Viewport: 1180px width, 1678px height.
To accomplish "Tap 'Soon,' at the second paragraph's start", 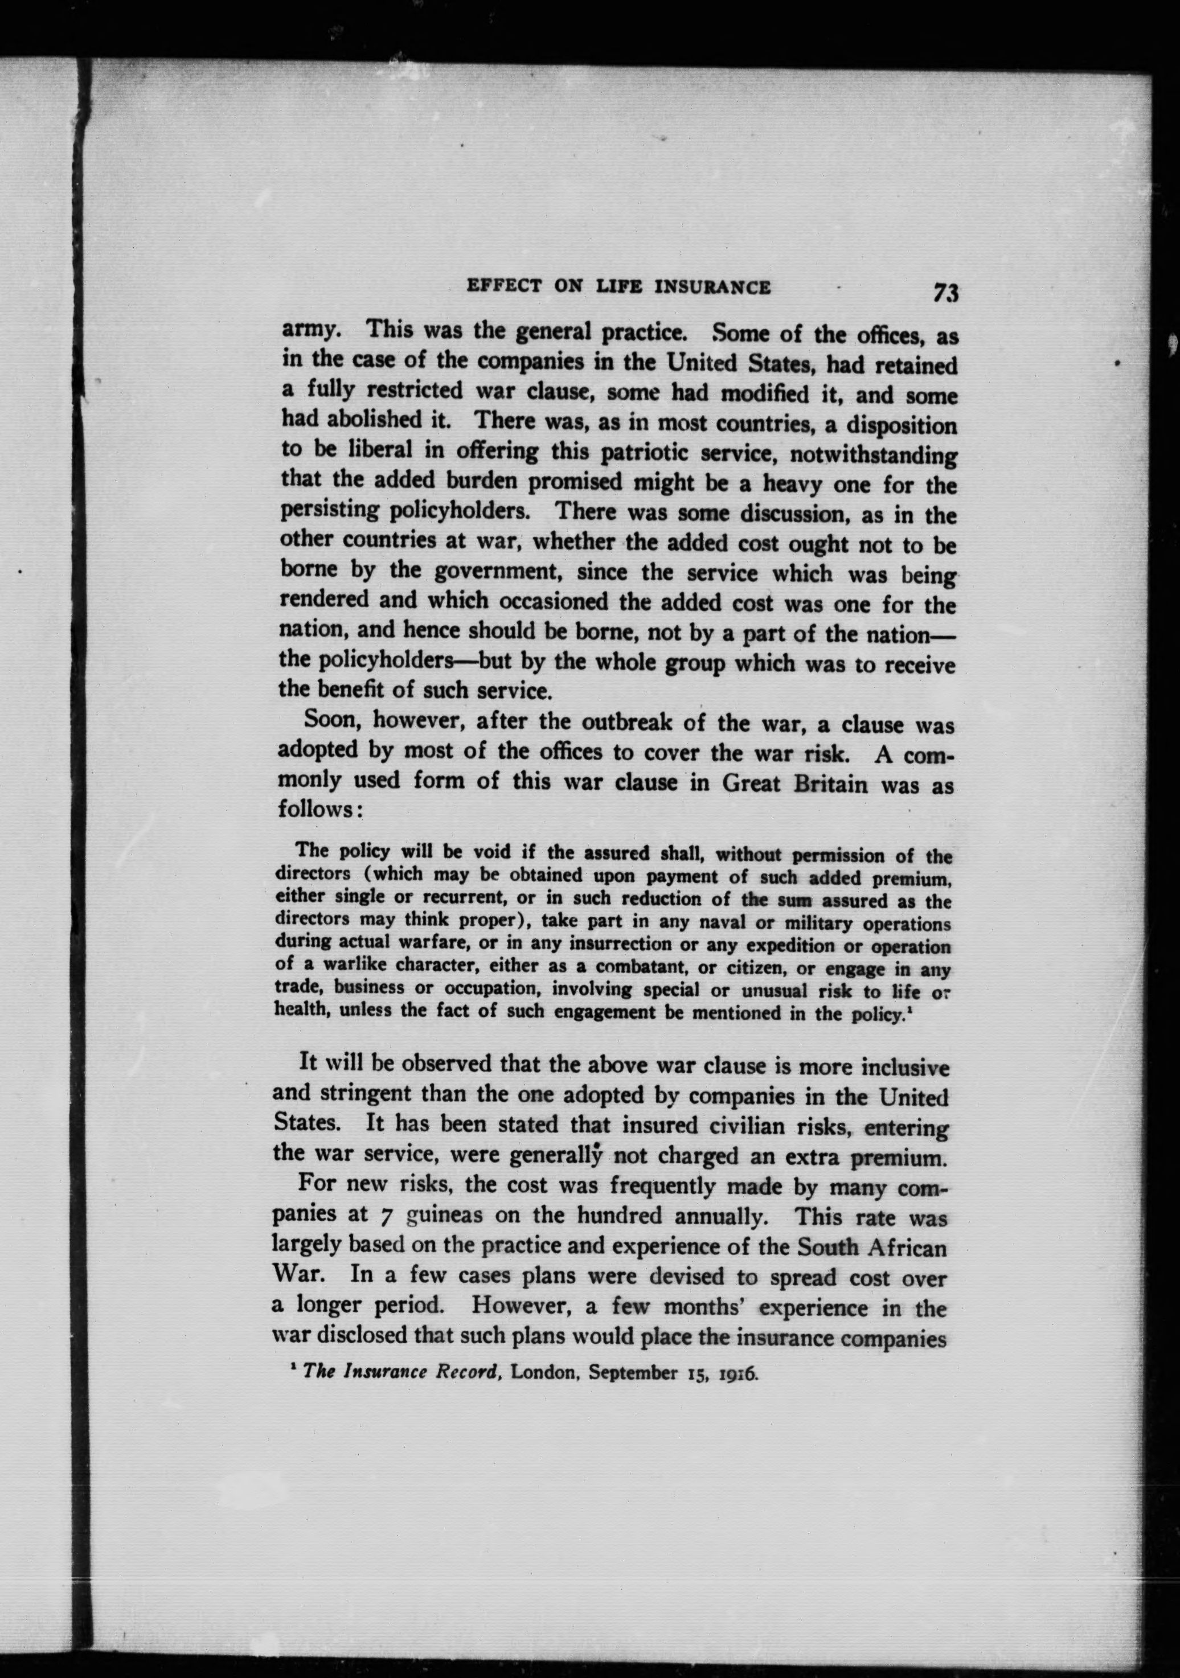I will pos(333,719).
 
